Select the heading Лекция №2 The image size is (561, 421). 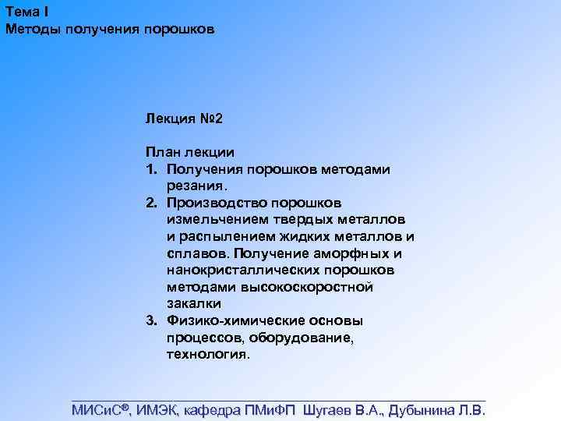184,119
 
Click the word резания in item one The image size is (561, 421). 196,186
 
